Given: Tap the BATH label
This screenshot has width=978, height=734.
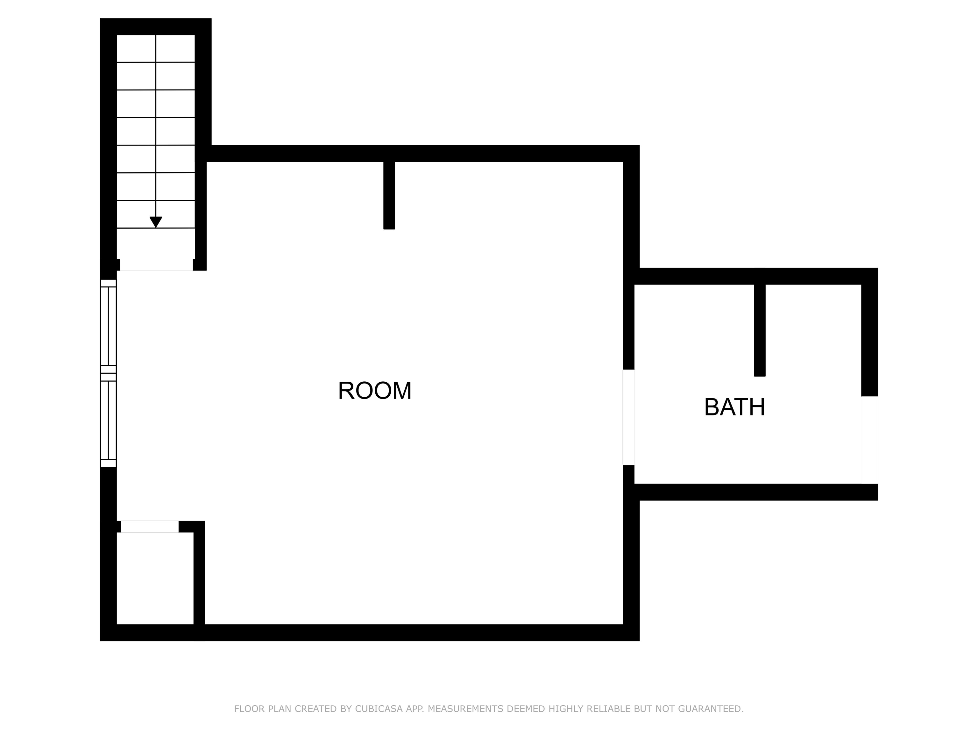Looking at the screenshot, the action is coord(734,407).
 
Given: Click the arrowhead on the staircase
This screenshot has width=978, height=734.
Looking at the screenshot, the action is coord(156,222).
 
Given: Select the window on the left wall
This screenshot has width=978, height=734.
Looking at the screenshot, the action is coord(108,373).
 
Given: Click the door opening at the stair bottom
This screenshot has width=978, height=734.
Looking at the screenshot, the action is coord(156,264).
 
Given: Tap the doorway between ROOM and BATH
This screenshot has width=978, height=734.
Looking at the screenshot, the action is coord(628,417).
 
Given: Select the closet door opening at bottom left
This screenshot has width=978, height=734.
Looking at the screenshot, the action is coord(149,527).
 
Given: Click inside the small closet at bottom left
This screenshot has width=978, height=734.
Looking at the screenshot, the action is coord(155,578).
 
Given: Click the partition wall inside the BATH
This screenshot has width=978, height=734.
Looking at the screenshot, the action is coord(760,330).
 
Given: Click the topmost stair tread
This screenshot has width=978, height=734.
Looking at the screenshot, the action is coord(156,49).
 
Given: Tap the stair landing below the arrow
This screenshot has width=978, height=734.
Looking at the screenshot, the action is coord(156,244).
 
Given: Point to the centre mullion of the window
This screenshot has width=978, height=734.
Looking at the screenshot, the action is coord(108,373).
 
